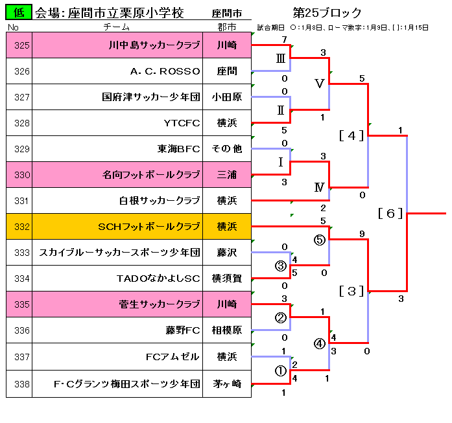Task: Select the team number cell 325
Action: click(21, 45)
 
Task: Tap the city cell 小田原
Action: click(227, 97)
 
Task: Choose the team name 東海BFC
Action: click(179, 149)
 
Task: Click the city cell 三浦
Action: click(227, 175)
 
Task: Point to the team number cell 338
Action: click(21, 383)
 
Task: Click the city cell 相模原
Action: click(227, 331)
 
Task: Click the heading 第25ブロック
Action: click(327, 13)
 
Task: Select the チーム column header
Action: click(117, 27)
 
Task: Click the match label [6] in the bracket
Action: click(390, 213)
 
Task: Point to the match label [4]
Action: click(351, 135)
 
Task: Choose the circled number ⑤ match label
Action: click(319, 240)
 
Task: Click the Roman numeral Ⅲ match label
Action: click(280, 58)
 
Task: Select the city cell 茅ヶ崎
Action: click(227, 383)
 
